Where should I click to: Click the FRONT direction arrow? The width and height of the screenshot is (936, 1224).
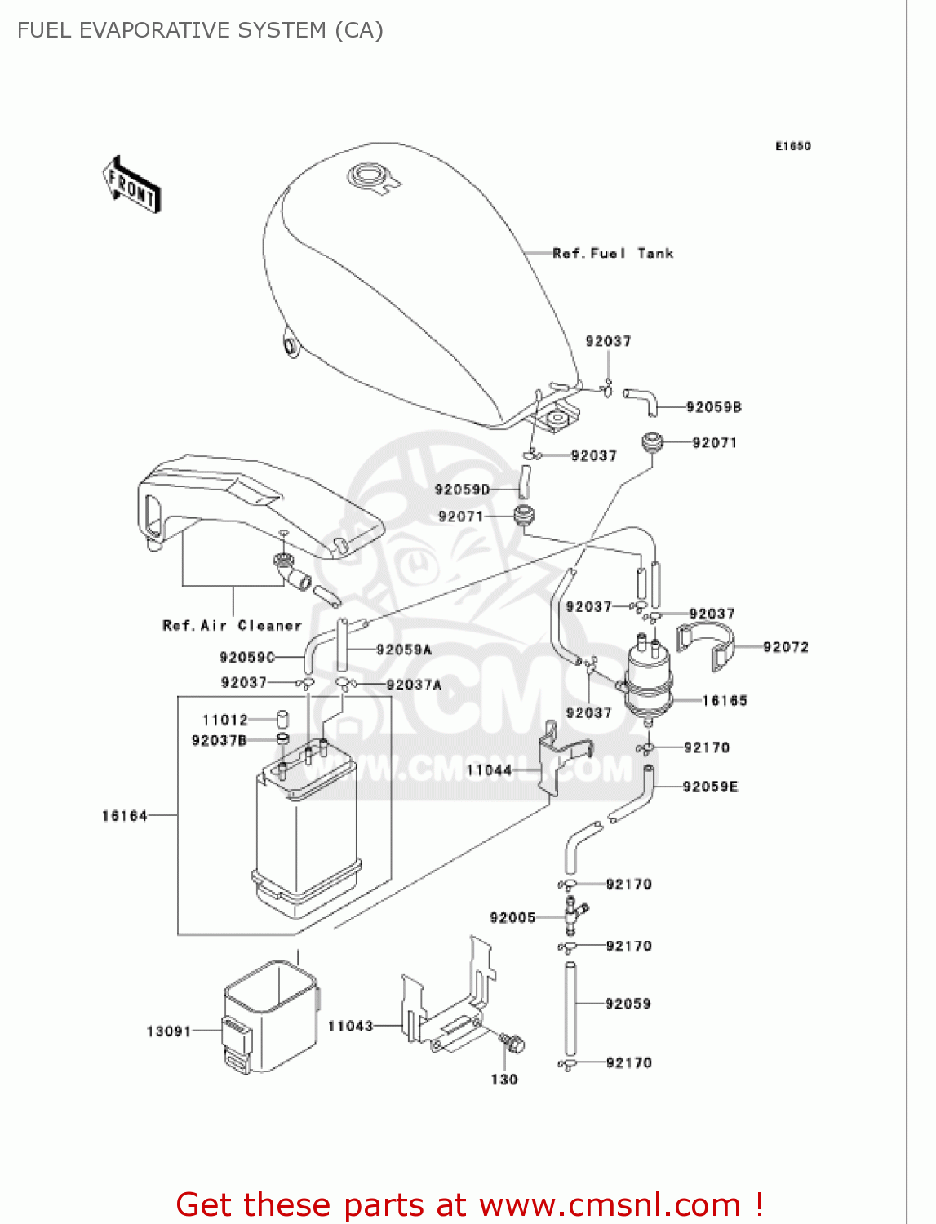point(131,185)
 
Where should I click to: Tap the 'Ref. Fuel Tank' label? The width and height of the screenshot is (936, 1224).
point(613,254)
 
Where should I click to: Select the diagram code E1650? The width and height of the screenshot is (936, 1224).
point(792,146)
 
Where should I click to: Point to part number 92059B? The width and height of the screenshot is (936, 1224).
point(713,407)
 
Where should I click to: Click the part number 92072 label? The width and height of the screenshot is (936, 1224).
point(785,647)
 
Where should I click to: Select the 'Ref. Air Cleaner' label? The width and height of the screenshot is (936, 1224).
point(232,626)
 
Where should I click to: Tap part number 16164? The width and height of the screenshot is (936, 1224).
point(124,815)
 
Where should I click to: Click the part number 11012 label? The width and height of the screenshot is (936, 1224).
point(224,720)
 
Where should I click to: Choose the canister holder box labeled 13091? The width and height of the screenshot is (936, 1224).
point(269,1016)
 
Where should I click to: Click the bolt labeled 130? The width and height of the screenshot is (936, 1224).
point(513,1044)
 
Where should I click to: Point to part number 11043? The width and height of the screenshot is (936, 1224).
point(350,1026)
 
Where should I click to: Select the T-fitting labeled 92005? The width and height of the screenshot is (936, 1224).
point(573,916)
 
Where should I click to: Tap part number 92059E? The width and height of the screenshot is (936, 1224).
point(710,787)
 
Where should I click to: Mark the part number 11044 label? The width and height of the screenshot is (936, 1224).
point(489,770)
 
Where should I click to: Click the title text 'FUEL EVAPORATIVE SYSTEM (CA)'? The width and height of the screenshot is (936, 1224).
point(200,30)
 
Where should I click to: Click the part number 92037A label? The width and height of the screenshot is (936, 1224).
point(414,685)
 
